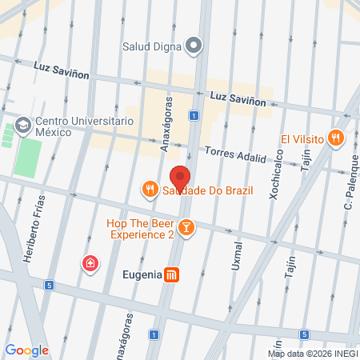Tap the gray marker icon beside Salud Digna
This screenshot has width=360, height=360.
192,45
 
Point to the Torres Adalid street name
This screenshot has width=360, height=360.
235,154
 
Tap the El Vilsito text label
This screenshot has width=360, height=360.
302,138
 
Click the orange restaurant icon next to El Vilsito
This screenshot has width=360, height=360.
336,138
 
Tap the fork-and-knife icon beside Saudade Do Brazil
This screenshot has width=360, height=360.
149,190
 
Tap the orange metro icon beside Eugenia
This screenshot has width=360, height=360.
172,274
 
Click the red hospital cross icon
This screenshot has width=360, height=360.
92,263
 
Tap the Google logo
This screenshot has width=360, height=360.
26,350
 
